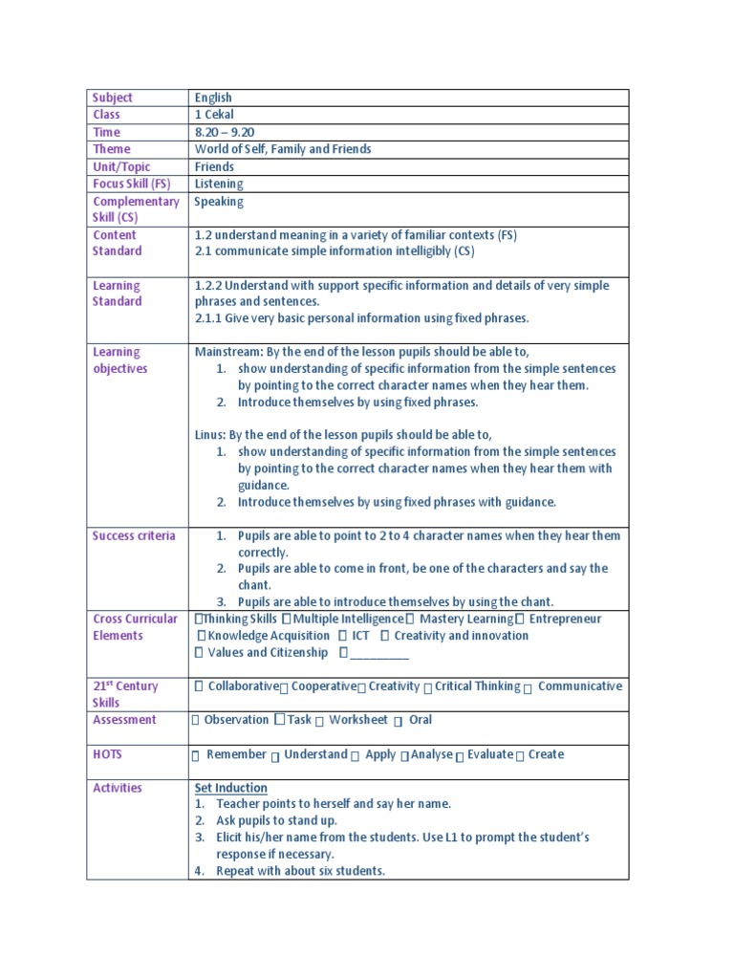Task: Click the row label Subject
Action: tap(113, 98)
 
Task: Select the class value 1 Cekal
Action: tap(214, 115)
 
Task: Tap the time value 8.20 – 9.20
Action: tap(225, 132)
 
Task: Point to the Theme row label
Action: tap(112, 149)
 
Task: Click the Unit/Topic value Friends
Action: tap(214, 166)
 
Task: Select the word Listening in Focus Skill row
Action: tap(219, 184)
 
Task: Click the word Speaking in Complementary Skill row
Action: tap(219, 202)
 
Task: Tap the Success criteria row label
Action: tap(134, 535)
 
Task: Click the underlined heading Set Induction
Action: tap(231, 788)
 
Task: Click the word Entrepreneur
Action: tap(565, 619)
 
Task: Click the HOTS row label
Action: tap(108, 754)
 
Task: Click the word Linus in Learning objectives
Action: tap(208, 435)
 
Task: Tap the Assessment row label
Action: tap(124, 720)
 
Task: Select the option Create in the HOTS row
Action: tap(546, 754)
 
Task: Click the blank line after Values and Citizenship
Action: tap(379, 654)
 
